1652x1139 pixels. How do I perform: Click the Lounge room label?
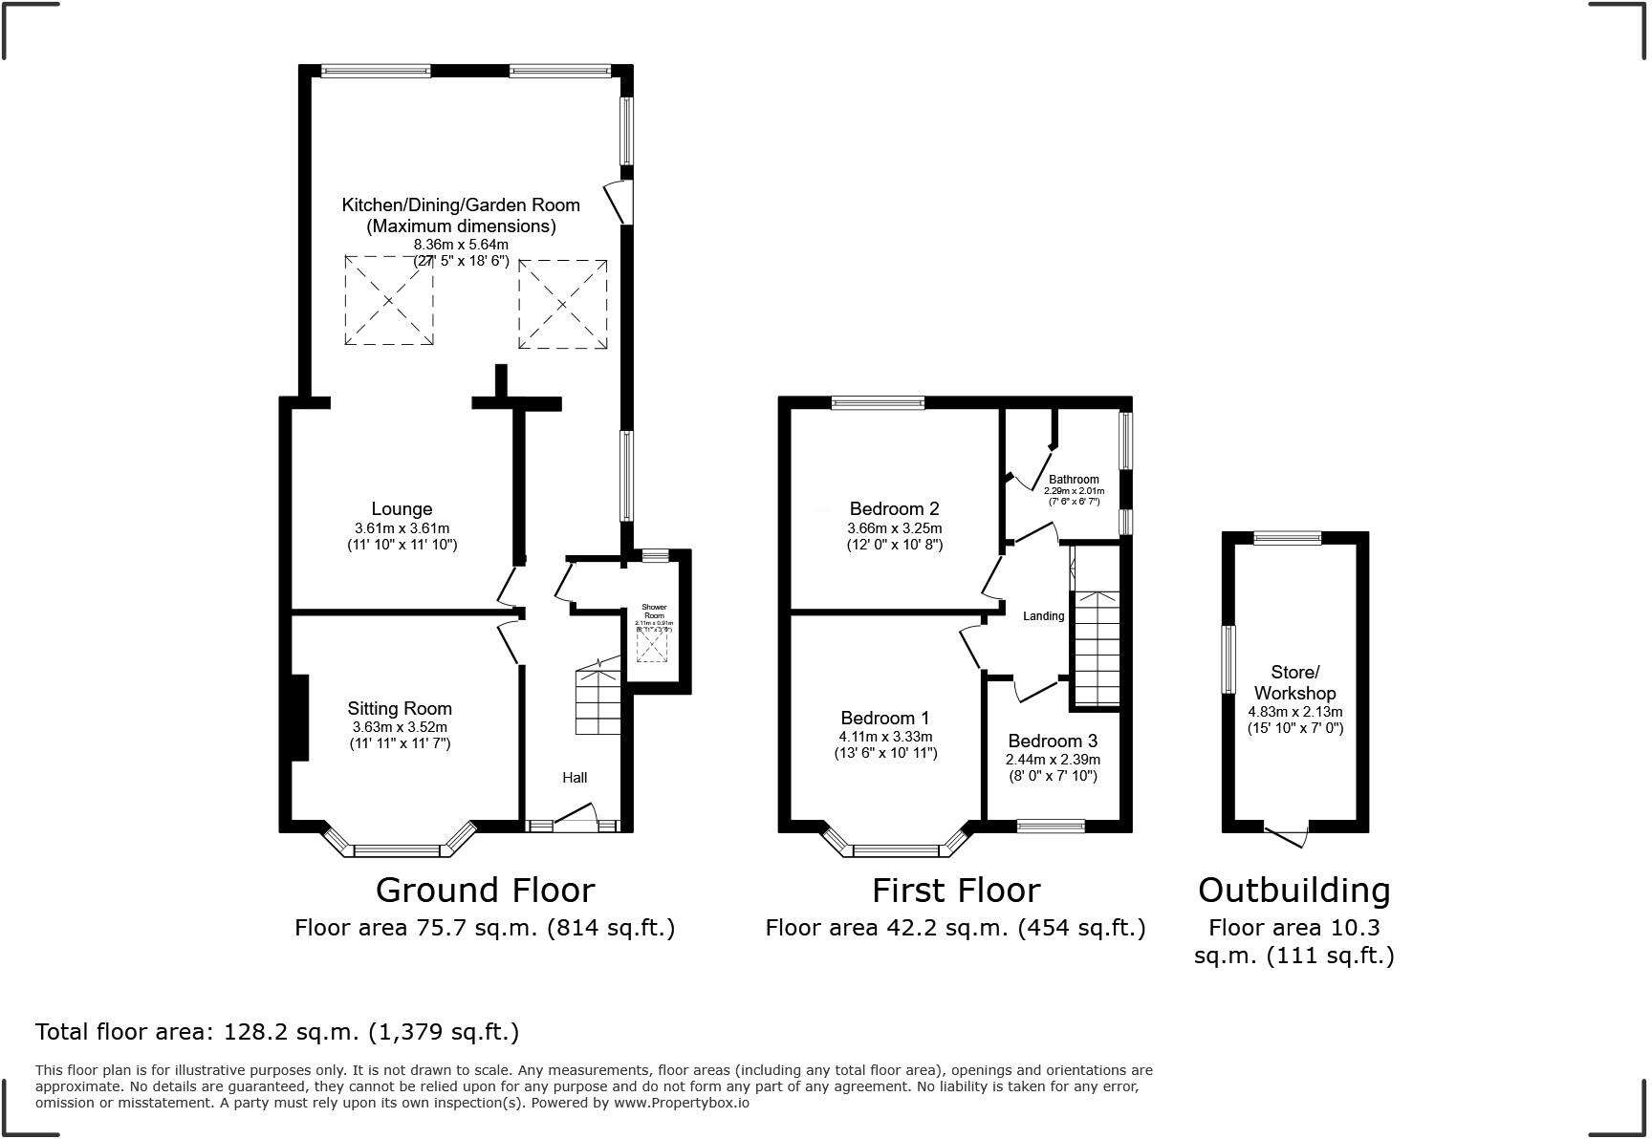[402, 509]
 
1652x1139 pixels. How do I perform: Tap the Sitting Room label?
[400, 708]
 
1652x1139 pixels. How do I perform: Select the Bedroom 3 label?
[1053, 741]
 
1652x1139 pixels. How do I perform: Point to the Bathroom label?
[1074, 480]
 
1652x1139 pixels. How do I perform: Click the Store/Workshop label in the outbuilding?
[1294, 682]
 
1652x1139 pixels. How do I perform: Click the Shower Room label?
[654, 612]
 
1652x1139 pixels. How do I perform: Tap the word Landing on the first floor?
[1043, 616]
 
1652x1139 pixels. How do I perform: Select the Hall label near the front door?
[575, 778]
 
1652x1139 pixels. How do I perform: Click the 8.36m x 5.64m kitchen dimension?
[461, 245]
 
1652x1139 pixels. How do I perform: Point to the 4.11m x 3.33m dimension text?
[884, 737]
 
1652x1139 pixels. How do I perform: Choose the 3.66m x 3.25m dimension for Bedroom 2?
[894, 528]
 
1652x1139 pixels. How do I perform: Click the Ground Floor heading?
[485, 890]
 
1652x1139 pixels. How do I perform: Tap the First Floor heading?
[955, 890]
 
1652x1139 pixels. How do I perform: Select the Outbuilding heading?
[1293, 890]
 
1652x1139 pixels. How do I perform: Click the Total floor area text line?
[277, 1032]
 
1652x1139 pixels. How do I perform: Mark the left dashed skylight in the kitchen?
[388, 300]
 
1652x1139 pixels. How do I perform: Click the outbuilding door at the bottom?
[1288, 834]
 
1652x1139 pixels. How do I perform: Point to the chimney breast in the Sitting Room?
[299, 718]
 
